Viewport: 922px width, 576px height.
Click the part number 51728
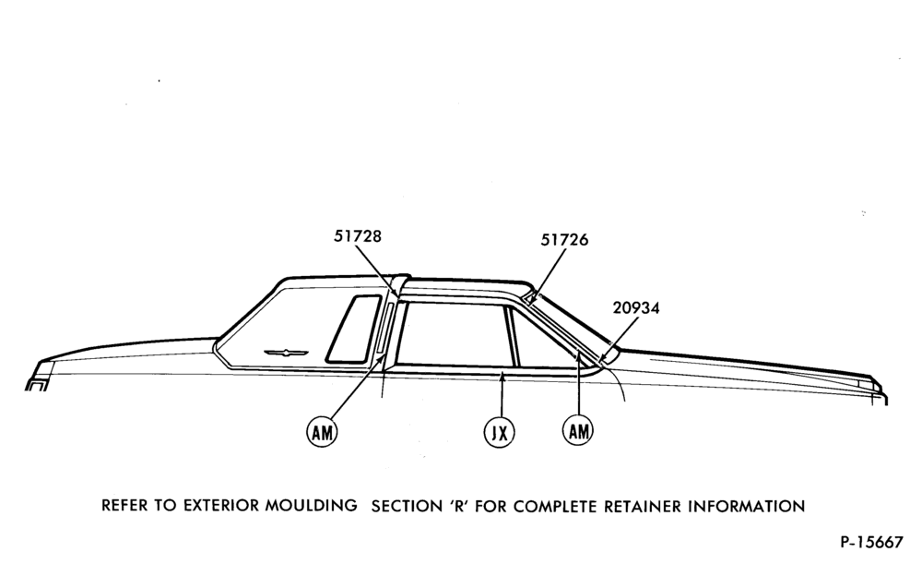pyautogui.click(x=358, y=236)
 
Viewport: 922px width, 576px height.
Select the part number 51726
pyautogui.click(x=564, y=240)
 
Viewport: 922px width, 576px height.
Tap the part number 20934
pyautogui.click(x=636, y=307)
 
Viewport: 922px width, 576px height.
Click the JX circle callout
pyautogui.click(x=499, y=433)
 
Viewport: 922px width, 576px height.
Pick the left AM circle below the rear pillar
pyautogui.click(x=322, y=433)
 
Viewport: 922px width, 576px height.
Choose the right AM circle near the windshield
pyautogui.click(x=579, y=431)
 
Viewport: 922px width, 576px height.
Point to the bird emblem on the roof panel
pyautogui.click(x=286, y=353)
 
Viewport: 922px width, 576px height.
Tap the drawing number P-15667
pyautogui.click(x=871, y=542)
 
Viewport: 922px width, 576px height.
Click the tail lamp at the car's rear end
pyautogui.click(x=38, y=385)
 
